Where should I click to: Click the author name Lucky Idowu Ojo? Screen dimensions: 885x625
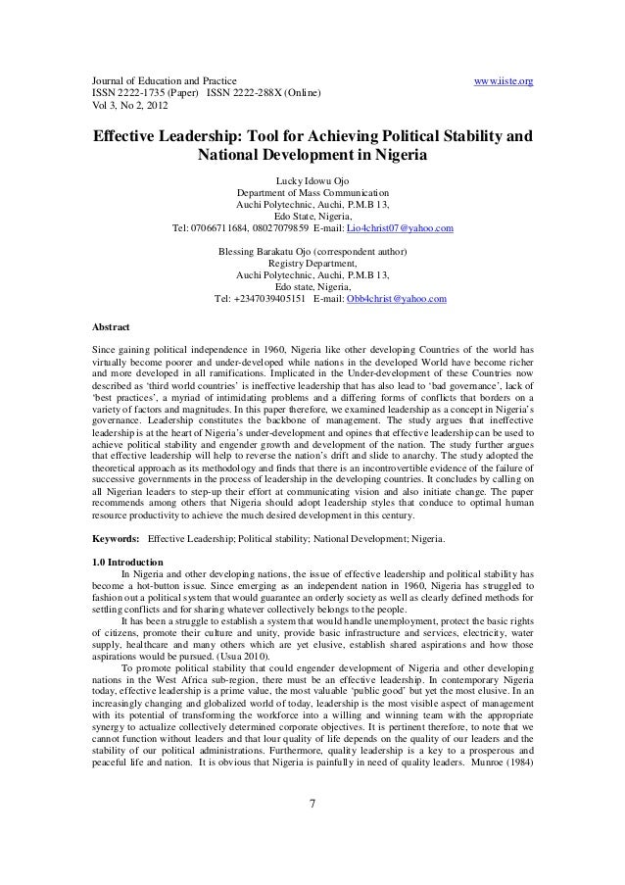312,180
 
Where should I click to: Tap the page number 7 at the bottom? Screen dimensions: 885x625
312,834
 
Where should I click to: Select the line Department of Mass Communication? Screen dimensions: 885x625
312,193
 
